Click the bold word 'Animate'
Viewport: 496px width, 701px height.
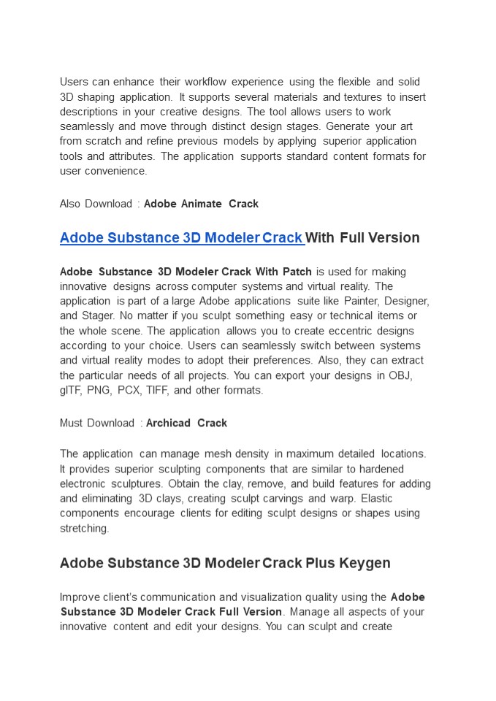pos(201,204)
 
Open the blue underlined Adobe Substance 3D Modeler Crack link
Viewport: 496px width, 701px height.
pos(181,238)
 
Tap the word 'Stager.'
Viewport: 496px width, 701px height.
pos(105,316)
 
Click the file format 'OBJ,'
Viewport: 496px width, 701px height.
pos(401,375)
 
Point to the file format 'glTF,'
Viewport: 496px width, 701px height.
pos(72,391)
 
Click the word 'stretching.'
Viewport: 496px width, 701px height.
pos(84,529)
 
